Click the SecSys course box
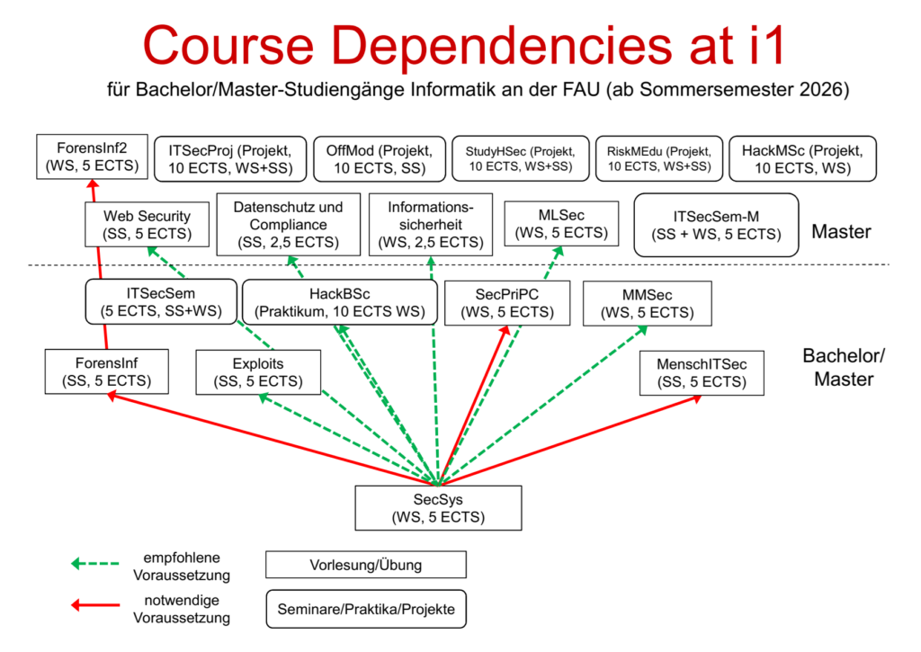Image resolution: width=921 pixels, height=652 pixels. (x=438, y=507)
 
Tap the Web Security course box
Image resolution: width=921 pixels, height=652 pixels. (x=147, y=225)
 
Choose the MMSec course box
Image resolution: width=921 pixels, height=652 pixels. (x=647, y=303)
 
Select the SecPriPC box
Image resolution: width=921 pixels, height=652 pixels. (x=508, y=303)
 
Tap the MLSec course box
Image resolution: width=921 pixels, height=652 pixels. (x=562, y=224)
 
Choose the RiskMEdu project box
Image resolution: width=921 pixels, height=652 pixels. (x=659, y=158)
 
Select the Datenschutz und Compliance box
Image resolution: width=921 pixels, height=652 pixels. (x=288, y=224)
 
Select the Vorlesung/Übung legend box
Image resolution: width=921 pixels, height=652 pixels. (x=365, y=565)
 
